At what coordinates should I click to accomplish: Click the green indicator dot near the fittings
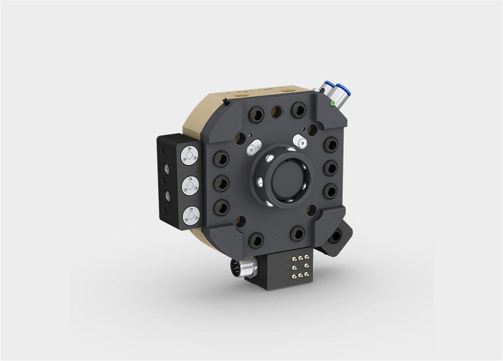pyautogui.click(x=332, y=103)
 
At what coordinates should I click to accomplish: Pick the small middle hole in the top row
pyautogui.click(x=277, y=111)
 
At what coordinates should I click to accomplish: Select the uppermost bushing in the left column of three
pyautogui.click(x=221, y=158)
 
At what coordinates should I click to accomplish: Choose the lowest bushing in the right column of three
pyautogui.click(x=330, y=190)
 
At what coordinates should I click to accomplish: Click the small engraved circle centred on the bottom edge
pyautogui.click(x=277, y=236)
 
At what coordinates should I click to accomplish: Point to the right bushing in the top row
pyautogui.click(x=299, y=109)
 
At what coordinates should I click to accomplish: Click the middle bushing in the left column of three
pyautogui.click(x=221, y=183)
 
